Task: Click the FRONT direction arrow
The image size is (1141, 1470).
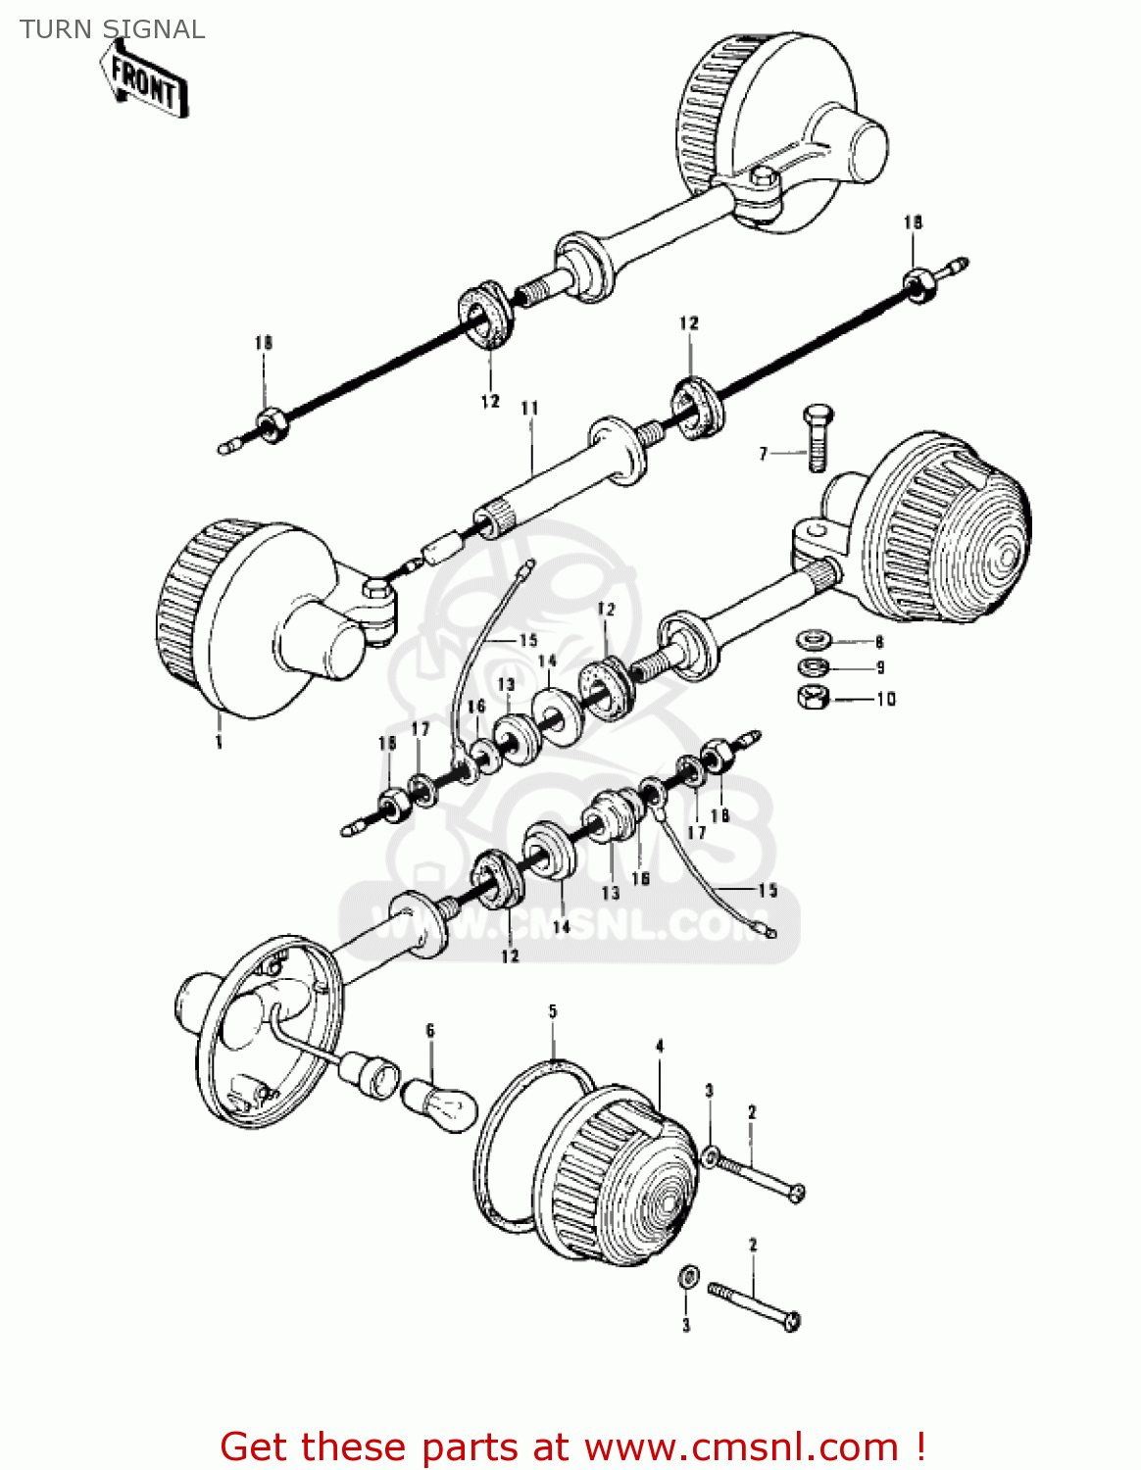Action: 145,84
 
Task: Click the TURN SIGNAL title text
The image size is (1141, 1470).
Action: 112,29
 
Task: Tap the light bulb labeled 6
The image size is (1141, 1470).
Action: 439,1104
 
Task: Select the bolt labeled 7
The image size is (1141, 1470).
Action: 817,438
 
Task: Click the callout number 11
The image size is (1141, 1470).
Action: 529,408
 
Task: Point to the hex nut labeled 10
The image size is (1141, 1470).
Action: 814,698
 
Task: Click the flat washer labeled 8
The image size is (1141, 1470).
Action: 814,641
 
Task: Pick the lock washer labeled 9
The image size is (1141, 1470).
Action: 814,668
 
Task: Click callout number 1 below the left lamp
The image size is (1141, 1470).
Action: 218,742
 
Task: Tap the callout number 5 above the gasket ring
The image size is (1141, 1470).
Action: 553,1011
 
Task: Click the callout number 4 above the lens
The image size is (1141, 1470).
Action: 660,1047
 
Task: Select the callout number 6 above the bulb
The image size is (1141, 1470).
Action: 429,1030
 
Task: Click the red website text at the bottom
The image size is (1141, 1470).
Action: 572,1446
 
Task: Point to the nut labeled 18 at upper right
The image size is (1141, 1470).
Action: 918,284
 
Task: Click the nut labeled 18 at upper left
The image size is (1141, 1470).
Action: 270,424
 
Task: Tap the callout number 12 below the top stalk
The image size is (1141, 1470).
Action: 490,401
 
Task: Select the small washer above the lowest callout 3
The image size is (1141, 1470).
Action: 688,1277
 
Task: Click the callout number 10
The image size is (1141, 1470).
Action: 886,699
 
